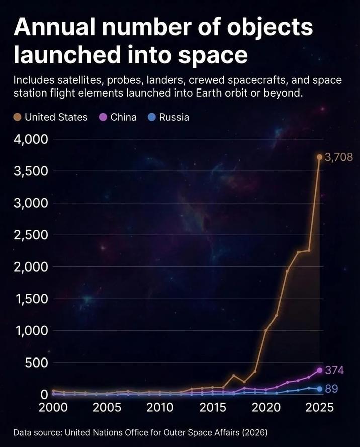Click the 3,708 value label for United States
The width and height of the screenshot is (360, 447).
338,157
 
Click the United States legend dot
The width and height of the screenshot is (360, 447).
18,117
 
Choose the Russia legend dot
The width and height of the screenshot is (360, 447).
152,117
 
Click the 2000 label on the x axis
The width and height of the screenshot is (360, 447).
54,407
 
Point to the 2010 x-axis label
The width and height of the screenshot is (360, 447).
159,407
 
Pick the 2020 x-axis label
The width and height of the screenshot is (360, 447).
266,407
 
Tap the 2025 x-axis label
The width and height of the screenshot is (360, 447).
319,407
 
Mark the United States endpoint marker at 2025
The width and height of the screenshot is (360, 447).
319,157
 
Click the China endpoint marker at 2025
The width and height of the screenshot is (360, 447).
319,370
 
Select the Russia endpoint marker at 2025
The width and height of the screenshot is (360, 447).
319,389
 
